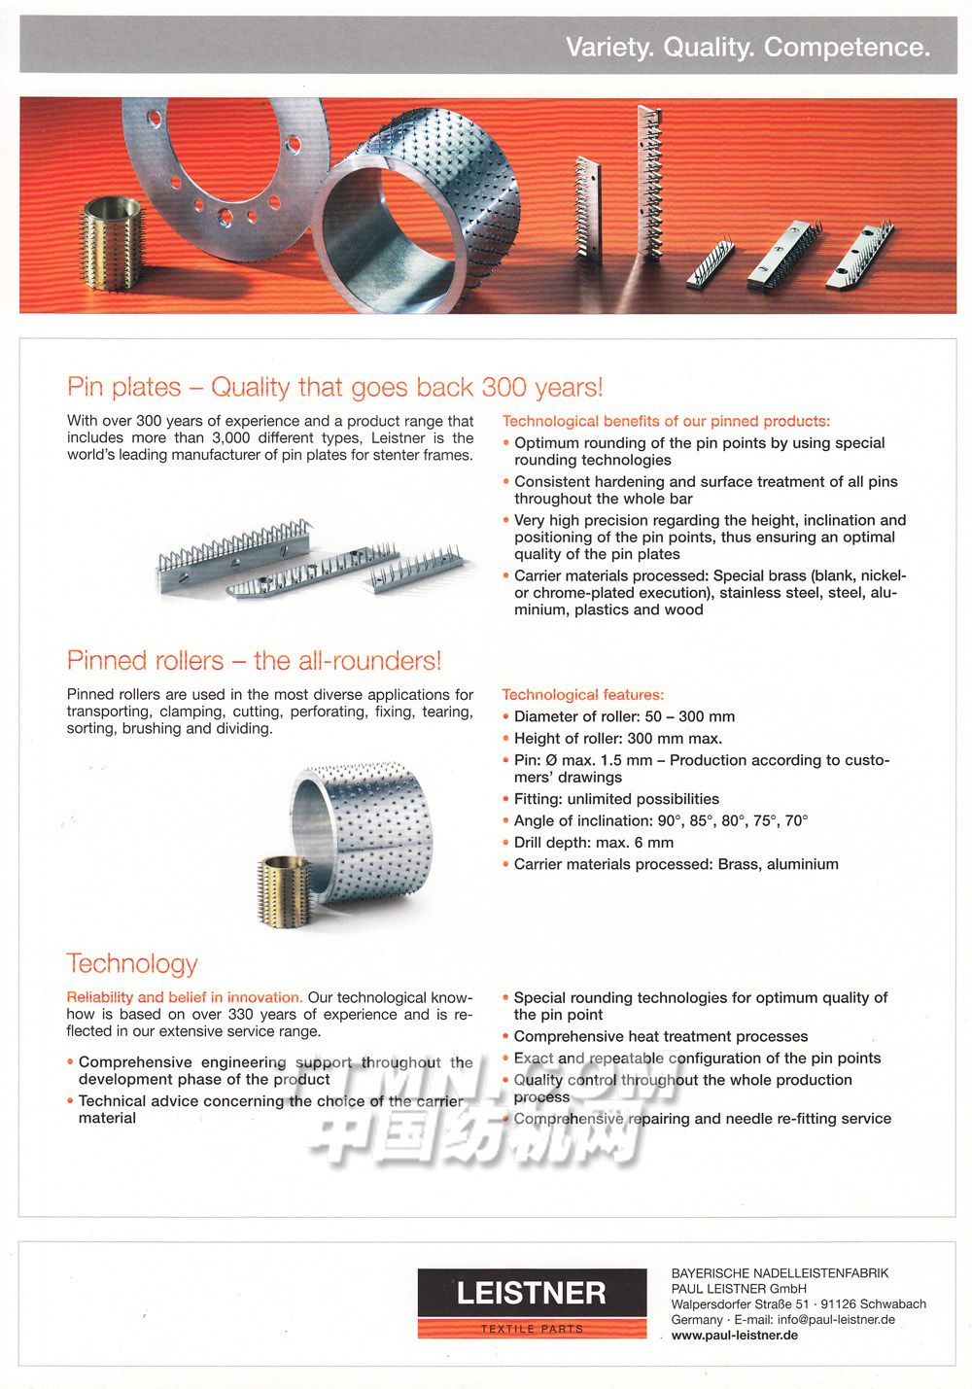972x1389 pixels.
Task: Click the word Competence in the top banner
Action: click(847, 47)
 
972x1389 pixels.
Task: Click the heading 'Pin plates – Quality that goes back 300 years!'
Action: click(334, 387)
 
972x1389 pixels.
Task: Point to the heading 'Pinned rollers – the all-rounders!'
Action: click(254, 661)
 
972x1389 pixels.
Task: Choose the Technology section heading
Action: click(132, 963)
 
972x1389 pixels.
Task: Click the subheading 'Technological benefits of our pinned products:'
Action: click(666, 421)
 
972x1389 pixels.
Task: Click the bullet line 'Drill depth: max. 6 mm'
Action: click(593, 843)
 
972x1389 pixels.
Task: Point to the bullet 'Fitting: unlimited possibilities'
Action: click(616, 799)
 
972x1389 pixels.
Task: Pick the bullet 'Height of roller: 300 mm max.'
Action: click(617, 738)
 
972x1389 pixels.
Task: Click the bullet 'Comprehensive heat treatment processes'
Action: click(660, 1036)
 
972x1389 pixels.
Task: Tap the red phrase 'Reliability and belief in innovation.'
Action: click(185, 997)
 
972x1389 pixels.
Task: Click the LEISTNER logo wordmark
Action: click(532, 1293)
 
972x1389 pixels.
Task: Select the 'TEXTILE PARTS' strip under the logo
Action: click(532, 1329)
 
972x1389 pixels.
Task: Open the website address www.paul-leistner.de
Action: click(734, 1336)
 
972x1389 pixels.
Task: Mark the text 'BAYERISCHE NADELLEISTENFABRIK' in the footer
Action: click(780, 1273)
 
